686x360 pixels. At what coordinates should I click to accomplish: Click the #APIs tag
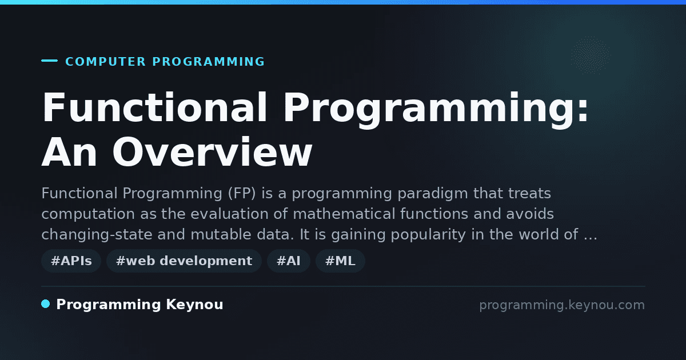[71, 261]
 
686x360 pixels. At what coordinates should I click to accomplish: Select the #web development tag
[184, 261]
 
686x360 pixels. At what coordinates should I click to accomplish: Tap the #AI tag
[289, 261]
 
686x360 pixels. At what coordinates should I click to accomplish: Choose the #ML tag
[340, 261]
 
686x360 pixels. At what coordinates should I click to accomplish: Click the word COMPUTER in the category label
[106, 62]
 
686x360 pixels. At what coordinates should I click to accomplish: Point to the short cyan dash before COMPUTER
[49, 61]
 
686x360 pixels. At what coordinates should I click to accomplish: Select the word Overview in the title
[212, 152]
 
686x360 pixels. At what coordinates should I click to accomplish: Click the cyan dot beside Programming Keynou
[46, 304]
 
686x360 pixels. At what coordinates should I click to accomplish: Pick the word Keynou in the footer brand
[194, 305]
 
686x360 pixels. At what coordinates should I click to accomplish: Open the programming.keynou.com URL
[562, 305]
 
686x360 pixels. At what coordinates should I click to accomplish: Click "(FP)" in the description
[242, 194]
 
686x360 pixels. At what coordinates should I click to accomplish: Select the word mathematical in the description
[344, 214]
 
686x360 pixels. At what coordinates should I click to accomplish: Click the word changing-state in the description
[97, 235]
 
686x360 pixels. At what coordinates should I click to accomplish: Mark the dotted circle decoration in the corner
[590, 55]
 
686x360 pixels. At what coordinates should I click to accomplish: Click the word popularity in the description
[428, 235]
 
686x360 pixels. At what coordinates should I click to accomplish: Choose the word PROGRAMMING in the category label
[208, 62]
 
